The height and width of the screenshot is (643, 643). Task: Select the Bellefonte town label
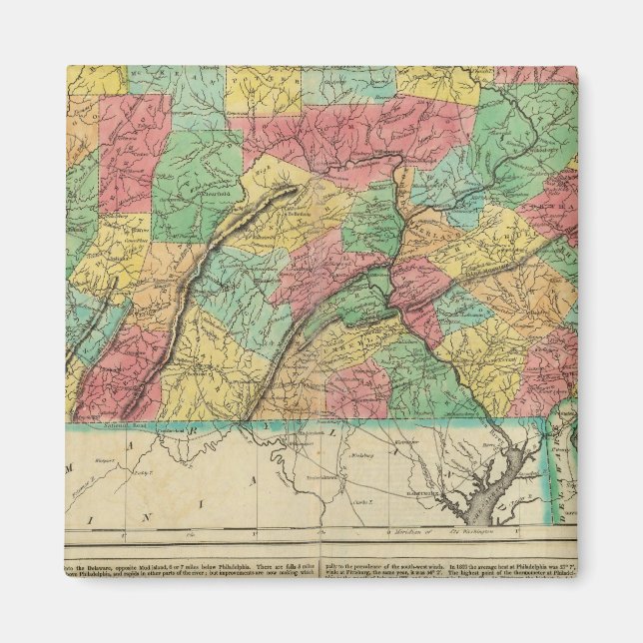[x=300, y=215]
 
